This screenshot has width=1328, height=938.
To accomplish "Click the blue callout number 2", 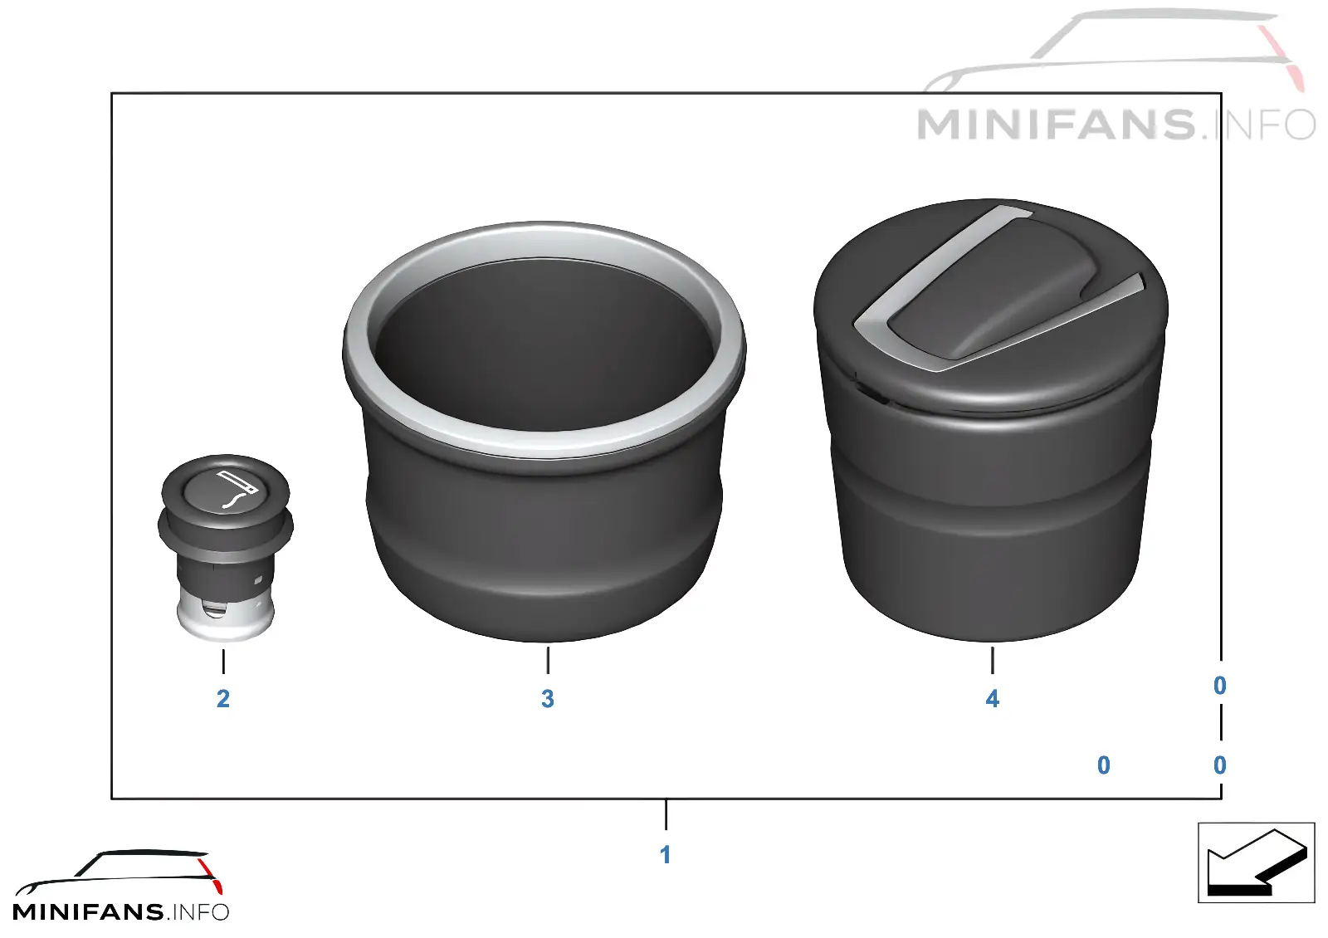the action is coord(223,699).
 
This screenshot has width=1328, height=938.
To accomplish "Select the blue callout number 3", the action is coord(547,699).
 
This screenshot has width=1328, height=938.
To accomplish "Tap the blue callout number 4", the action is coord(992,699).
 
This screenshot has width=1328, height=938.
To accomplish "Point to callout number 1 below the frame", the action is coord(665,855).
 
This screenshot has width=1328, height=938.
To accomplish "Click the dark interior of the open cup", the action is coord(544,344).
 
